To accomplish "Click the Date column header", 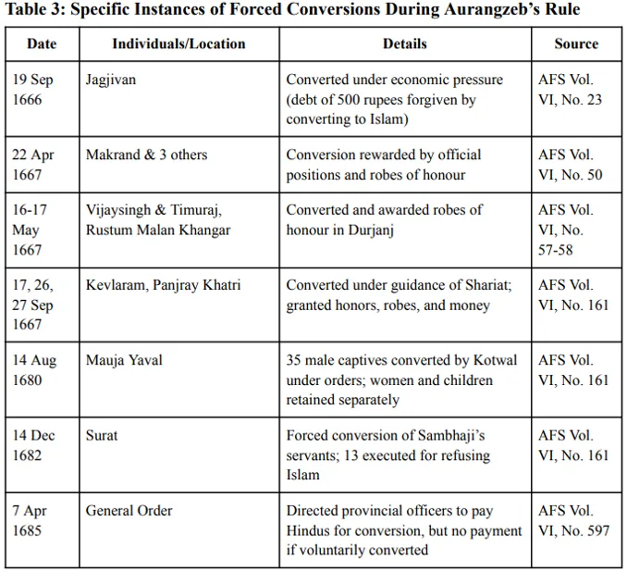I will (x=42, y=44).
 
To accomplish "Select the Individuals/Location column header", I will (x=178, y=44).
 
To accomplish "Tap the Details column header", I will (x=404, y=44).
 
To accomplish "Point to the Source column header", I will (x=576, y=44).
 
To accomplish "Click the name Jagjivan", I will (x=111, y=80).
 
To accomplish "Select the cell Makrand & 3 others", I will (x=146, y=155).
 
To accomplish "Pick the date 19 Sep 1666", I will (x=33, y=90).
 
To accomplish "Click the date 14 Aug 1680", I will (x=33, y=370).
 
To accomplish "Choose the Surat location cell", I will (x=102, y=435).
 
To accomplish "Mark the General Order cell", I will (x=129, y=510).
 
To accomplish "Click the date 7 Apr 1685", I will (x=30, y=520).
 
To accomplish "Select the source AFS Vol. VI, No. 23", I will (x=570, y=90).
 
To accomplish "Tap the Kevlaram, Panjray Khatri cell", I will (x=163, y=285).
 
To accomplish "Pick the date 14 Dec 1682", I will (x=33, y=445).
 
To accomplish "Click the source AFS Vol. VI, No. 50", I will (x=570, y=165).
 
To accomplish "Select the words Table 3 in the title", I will (x=36, y=11).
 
